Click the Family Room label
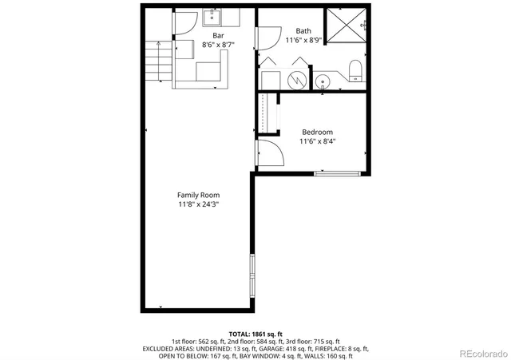click(198, 195)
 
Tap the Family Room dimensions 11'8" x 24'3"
click(198, 205)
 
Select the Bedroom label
click(317, 132)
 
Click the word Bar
click(217, 35)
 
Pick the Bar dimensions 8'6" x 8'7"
click(217, 45)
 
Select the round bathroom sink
click(323, 80)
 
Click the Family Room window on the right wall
click(253, 275)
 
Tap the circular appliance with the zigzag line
click(296, 80)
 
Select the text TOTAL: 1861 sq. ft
click(255, 334)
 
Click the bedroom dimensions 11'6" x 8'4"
click(317, 142)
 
